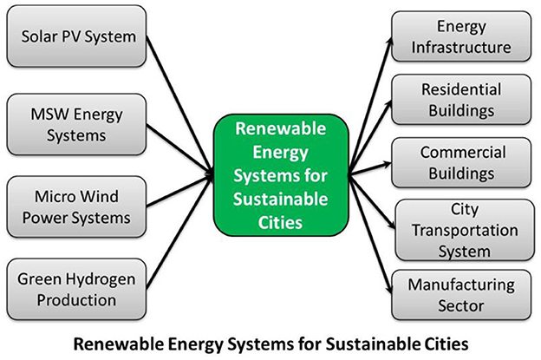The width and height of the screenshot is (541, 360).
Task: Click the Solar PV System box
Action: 76,36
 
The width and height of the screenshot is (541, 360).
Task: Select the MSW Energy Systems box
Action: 76,125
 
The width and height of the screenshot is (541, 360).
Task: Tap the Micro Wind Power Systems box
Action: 76,206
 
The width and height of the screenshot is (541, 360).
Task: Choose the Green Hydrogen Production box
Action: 76,289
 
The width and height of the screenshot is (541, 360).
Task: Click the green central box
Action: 281,175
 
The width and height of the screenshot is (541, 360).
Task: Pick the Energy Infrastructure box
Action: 461,36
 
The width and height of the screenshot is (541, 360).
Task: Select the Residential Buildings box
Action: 461,100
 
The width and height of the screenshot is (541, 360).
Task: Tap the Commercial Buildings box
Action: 461,162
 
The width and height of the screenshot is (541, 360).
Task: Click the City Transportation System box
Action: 465,230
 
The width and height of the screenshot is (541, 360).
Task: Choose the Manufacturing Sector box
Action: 461,295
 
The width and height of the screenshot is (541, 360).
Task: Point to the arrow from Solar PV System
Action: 179,104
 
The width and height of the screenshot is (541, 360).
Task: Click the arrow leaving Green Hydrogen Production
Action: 179,232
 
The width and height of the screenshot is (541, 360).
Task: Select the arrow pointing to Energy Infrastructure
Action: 371,104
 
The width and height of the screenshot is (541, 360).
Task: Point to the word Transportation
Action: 465,230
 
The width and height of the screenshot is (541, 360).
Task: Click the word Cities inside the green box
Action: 280,223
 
